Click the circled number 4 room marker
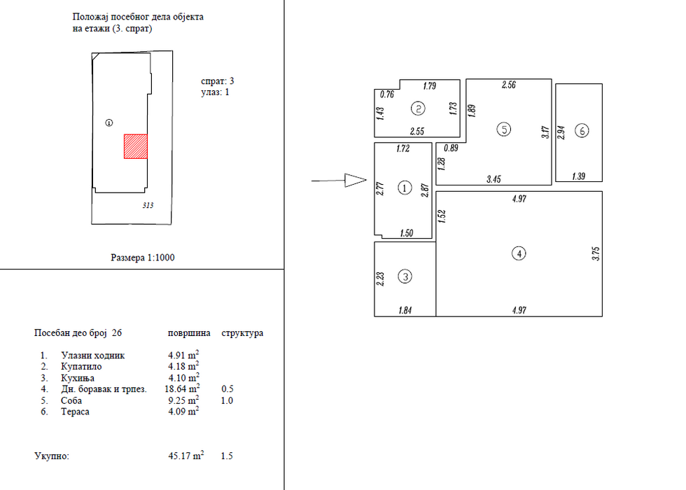(x=519, y=253)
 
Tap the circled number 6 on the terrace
(x=582, y=130)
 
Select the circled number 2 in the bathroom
(x=419, y=108)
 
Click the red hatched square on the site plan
(x=136, y=146)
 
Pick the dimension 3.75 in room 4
(x=596, y=253)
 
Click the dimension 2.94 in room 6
(x=561, y=132)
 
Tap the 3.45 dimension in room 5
(x=493, y=179)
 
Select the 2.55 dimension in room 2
(x=417, y=132)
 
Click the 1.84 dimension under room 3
(x=405, y=310)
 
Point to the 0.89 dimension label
(x=451, y=148)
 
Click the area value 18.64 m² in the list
(x=183, y=388)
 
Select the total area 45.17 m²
(x=186, y=456)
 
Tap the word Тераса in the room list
(x=76, y=412)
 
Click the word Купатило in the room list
(x=81, y=367)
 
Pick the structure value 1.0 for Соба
(x=227, y=400)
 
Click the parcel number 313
(x=148, y=205)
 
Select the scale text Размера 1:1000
(x=143, y=258)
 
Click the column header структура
(x=242, y=333)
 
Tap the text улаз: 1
(x=216, y=92)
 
